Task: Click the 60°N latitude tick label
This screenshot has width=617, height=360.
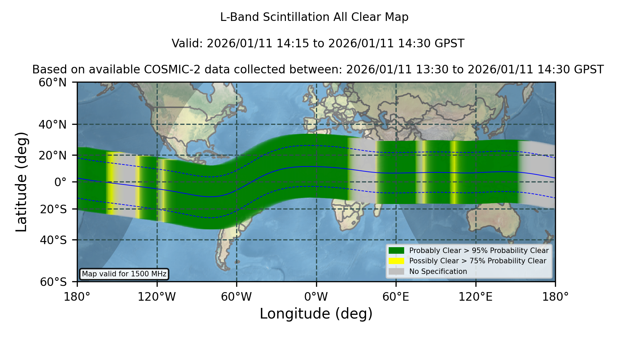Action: tap(53, 83)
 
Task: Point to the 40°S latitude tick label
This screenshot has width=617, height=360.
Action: tap(53, 240)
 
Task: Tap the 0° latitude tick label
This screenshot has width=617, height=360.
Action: tap(60, 182)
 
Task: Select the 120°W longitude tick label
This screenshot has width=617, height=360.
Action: tap(157, 297)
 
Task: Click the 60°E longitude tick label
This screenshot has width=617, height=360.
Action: tap(396, 297)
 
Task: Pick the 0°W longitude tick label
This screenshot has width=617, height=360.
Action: tap(316, 297)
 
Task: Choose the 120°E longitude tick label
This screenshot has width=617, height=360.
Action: tap(476, 297)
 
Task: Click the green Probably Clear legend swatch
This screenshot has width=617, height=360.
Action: tap(397, 251)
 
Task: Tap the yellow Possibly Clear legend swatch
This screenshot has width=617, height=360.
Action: tap(397, 261)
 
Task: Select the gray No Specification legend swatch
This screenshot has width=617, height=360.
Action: tap(397, 272)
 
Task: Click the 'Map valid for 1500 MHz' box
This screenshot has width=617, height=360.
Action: tap(124, 274)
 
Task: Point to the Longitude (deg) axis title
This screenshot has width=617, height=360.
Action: tap(316, 314)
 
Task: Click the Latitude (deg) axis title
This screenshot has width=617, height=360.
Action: tap(21, 182)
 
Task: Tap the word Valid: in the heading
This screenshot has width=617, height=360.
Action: tap(188, 44)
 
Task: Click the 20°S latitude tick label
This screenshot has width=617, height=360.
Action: tap(53, 209)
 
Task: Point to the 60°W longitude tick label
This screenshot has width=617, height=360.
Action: tap(236, 297)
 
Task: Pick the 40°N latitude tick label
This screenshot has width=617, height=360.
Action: tap(53, 124)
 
